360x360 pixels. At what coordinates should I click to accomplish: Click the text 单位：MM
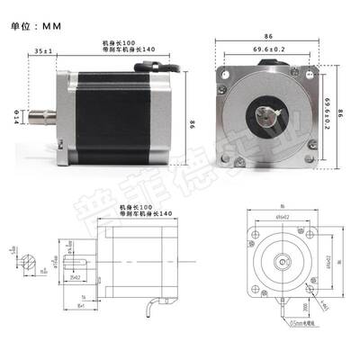[37, 26]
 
